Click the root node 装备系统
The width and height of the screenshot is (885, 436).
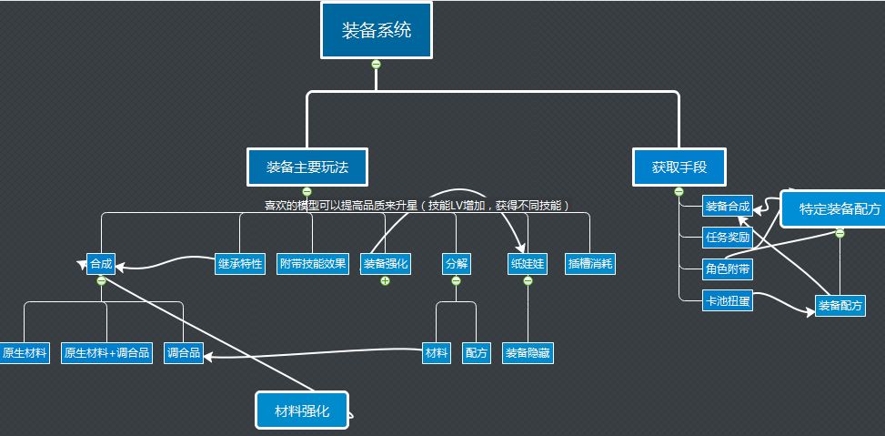pos(376,31)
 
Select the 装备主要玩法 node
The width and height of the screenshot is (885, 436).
pos(307,167)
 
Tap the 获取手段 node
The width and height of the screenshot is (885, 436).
pos(679,167)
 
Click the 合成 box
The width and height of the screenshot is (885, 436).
pos(101,264)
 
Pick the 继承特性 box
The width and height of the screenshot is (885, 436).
pos(241,264)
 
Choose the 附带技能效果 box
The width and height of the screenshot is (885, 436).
pos(313,264)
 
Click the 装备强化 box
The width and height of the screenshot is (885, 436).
pos(386,264)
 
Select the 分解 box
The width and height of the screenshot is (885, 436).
pos(456,264)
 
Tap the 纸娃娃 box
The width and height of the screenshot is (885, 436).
pos(528,264)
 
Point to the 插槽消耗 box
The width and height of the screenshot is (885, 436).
pos(589,264)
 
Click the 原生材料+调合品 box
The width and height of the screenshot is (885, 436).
pos(106,353)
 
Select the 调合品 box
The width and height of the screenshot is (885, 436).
pos(184,353)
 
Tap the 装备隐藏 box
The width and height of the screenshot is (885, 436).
pos(528,353)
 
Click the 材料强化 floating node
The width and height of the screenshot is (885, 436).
pos(302,411)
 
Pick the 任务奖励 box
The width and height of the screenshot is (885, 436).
pos(728,238)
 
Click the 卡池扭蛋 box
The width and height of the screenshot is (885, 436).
pos(728,300)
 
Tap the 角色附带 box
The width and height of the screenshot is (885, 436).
pos(728,269)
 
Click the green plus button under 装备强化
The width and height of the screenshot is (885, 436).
pos(386,280)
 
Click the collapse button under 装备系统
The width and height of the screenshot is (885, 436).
pos(376,64)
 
